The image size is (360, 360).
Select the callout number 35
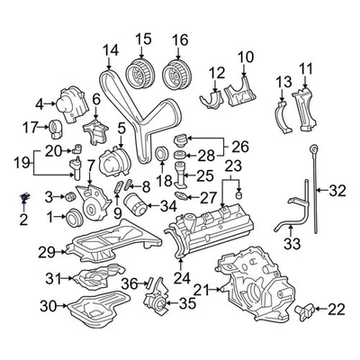[187, 303]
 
